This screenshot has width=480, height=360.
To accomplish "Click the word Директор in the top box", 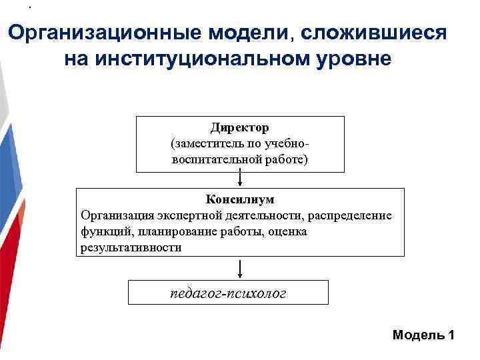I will click(x=240, y=127).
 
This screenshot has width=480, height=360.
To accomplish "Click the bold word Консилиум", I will click(x=240, y=199).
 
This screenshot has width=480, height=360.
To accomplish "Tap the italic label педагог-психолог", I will click(x=229, y=293).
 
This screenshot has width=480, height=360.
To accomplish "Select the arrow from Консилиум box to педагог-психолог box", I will click(x=240, y=268).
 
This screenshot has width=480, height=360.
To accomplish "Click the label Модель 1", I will click(x=423, y=335).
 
